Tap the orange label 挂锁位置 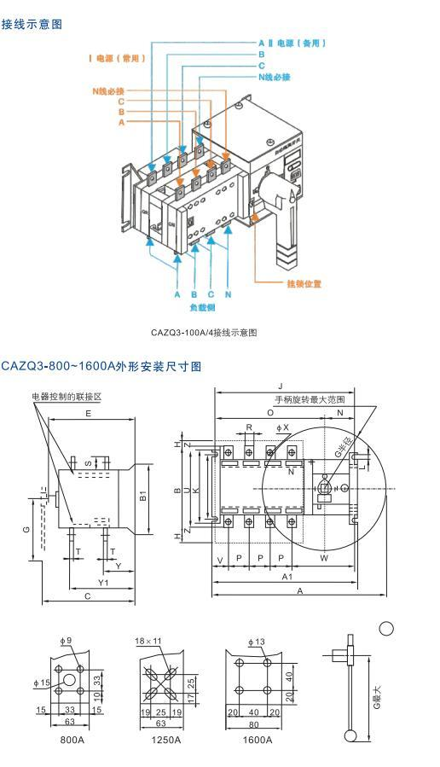tap(304, 283)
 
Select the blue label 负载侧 tap(201, 305)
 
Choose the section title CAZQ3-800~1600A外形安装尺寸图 tap(101, 366)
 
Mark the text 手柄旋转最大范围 tap(309, 399)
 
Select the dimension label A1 tap(288, 577)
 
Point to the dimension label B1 tap(143, 495)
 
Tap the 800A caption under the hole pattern tap(72, 740)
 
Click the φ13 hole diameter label tap(257, 641)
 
